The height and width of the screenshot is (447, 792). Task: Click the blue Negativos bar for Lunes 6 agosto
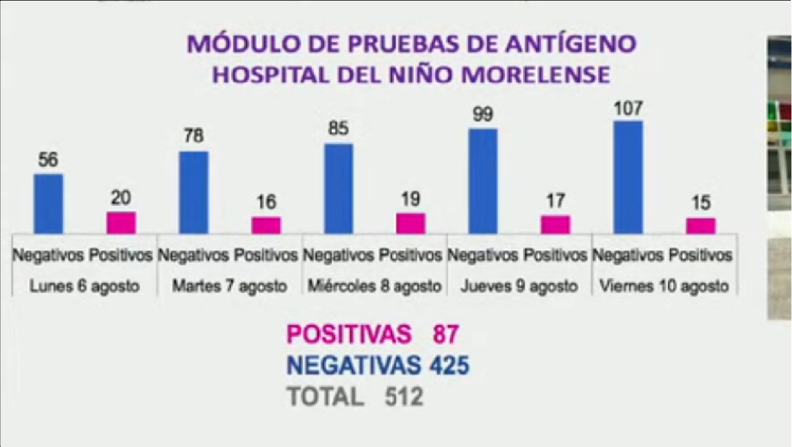[x=48, y=204]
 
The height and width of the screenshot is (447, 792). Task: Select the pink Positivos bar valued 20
[x=121, y=223]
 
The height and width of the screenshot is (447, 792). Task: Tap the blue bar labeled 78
[x=194, y=193]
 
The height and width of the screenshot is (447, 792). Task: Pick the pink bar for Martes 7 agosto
[x=266, y=225]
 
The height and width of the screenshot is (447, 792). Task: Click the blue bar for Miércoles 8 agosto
[x=338, y=189]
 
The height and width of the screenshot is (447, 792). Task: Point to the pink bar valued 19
[x=411, y=223]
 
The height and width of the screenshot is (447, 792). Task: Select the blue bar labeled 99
[x=483, y=181]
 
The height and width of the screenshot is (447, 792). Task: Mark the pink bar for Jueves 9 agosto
[x=555, y=225]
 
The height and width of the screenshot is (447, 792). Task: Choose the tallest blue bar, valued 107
[x=629, y=178]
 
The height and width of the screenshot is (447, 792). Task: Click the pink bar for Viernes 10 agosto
[x=701, y=226]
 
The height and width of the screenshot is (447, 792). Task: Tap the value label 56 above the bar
[x=48, y=160]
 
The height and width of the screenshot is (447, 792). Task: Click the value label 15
[x=701, y=204]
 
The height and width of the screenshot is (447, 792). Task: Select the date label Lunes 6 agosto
[x=84, y=286]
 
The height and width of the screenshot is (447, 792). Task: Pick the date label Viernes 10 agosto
[x=663, y=286]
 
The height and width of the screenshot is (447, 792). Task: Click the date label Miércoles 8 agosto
[x=374, y=286]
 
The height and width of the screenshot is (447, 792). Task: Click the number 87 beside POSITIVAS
[x=445, y=334]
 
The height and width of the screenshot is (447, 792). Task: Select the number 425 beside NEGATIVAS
[x=449, y=366]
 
